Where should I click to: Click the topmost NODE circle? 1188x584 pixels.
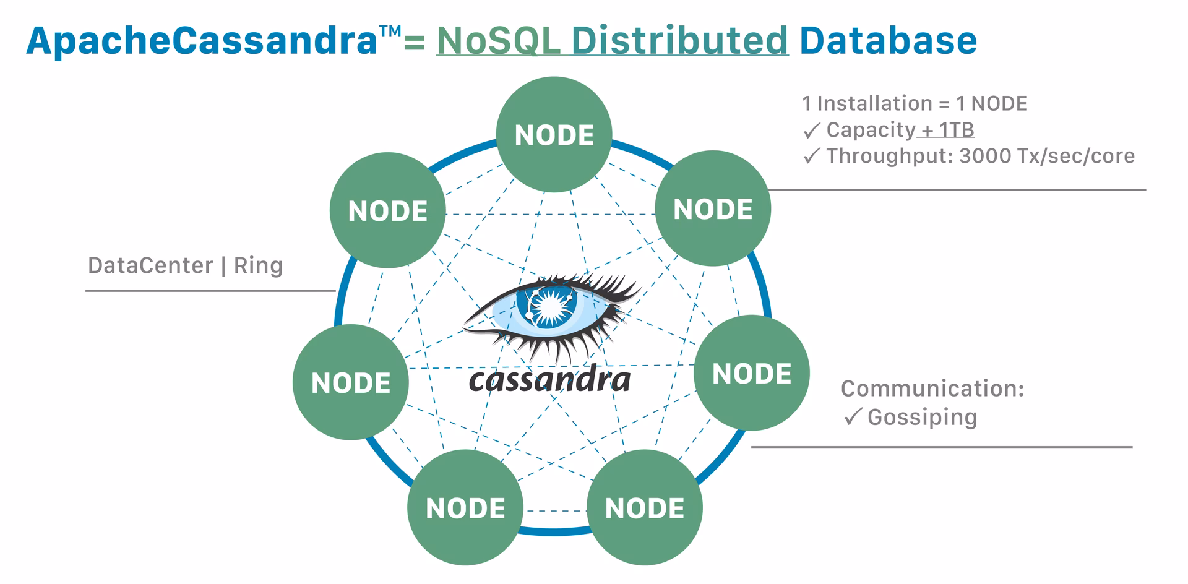(554, 134)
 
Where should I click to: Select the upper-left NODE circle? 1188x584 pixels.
(387, 210)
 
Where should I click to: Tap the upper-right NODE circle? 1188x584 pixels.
(713, 208)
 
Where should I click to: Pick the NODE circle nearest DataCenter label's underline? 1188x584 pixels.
(350, 382)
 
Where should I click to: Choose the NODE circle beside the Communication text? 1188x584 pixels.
(751, 373)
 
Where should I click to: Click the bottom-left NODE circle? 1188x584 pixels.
(465, 507)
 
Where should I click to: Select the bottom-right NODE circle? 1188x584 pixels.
(644, 507)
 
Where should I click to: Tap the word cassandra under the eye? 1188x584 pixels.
(549, 379)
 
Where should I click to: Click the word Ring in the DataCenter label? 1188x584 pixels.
(258, 265)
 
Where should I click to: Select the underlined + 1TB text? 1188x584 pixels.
(947, 130)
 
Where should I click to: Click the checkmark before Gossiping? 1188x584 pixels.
(853, 417)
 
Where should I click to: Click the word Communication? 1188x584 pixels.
(932, 389)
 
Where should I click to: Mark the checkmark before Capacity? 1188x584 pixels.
(811, 131)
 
